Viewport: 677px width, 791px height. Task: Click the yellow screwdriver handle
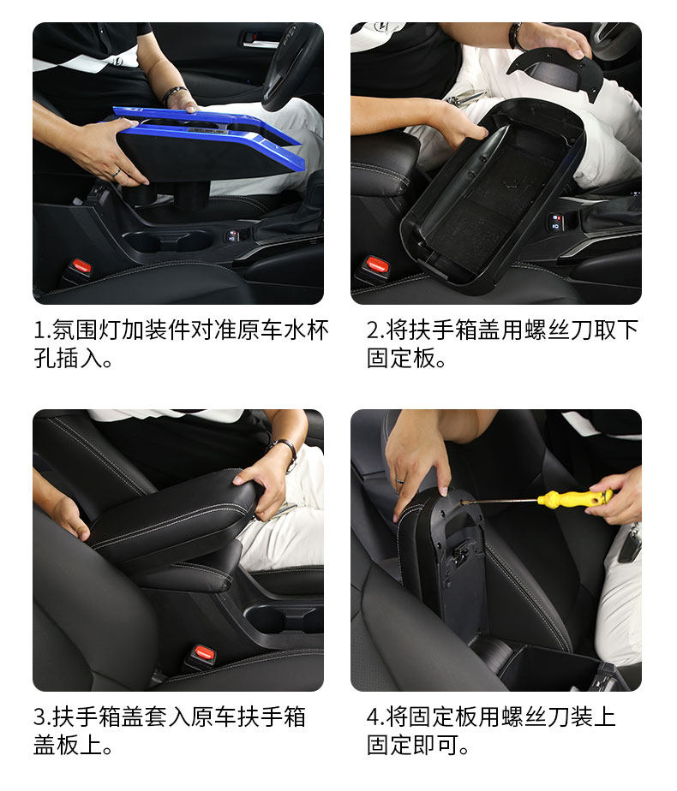click(575, 498)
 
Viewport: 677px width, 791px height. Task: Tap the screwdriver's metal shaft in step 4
click(500, 501)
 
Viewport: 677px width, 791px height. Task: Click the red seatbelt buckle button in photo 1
click(81, 265)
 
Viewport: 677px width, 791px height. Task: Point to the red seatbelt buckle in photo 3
click(205, 652)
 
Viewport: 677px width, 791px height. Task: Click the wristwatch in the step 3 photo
click(287, 451)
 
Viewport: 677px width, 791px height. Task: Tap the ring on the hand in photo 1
click(116, 173)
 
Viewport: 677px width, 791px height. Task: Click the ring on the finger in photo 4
click(400, 479)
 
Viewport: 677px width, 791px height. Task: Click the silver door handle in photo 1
click(260, 39)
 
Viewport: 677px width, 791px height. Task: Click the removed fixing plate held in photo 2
click(555, 74)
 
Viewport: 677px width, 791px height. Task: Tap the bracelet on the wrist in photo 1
click(174, 94)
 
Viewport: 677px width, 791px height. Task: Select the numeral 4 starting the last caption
click(373, 717)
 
